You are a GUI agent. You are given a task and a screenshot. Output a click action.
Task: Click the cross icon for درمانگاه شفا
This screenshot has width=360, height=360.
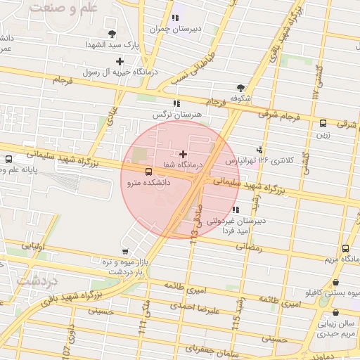[184, 153]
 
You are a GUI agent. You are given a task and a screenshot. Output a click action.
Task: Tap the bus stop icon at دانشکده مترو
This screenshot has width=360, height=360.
[148, 172]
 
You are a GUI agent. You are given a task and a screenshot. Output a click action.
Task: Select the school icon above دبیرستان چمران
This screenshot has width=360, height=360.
[175, 18]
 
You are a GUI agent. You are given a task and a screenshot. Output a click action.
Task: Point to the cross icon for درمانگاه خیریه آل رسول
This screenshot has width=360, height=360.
[120, 61]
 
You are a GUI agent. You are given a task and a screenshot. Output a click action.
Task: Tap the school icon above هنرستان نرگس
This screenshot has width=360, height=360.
[176, 103]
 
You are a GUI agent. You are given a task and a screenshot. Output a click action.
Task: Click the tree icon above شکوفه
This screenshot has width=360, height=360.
[240, 88]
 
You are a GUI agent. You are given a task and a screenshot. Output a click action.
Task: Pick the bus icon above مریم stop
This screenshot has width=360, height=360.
[345, 248]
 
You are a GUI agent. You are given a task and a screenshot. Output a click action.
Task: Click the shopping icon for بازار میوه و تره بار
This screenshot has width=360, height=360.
[125, 251]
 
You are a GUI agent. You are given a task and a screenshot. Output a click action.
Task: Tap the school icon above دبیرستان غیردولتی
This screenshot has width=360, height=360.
[235, 210]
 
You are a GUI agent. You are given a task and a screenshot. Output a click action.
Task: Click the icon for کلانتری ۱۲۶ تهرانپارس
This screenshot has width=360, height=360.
[260, 149]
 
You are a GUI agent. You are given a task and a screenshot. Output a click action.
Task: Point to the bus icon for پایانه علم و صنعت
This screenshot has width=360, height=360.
[8, 159]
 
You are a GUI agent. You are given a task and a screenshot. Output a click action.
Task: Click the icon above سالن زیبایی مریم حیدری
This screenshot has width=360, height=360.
[335, 313]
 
